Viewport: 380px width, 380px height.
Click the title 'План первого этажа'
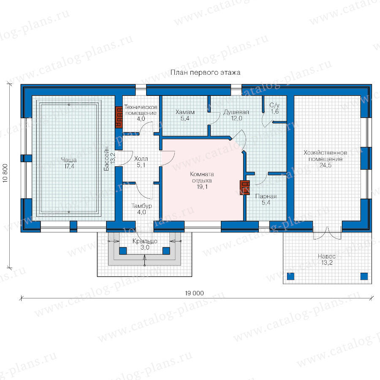click(205, 73)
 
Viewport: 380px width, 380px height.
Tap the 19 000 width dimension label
click(194, 293)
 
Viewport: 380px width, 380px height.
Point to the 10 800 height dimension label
click(5, 173)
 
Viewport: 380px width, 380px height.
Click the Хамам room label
click(185, 115)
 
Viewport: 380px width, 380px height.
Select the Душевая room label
click(236, 115)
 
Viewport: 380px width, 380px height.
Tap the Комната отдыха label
click(202, 180)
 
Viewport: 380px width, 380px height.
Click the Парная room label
click(266, 199)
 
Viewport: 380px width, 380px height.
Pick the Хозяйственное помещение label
click(325, 159)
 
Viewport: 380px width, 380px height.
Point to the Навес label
click(327, 259)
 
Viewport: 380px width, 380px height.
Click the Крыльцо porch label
click(145, 244)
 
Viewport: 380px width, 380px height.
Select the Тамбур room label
click(141, 209)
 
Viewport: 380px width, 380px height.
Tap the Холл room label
click(141, 162)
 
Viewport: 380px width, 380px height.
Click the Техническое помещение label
click(141, 113)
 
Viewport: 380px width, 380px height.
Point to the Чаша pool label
click(69, 163)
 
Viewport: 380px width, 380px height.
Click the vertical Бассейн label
click(109, 159)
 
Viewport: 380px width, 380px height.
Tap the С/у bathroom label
click(274, 109)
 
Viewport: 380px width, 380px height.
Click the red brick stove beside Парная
click(245, 187)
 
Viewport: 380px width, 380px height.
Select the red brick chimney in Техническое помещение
click(119, 117)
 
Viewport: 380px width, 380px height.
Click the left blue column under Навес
click(290, 276)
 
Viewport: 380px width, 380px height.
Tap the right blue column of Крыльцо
click(166, 250)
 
